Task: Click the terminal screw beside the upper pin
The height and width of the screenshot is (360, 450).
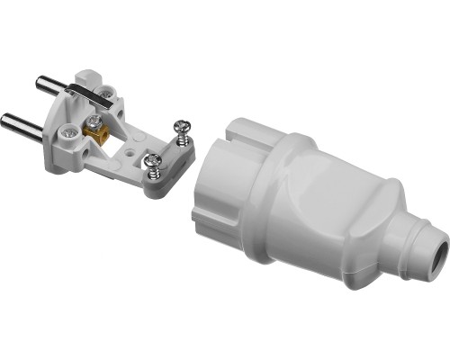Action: click(x=107, y=90)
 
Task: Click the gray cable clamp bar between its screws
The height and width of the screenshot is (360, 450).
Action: click(x=169, y=153)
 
